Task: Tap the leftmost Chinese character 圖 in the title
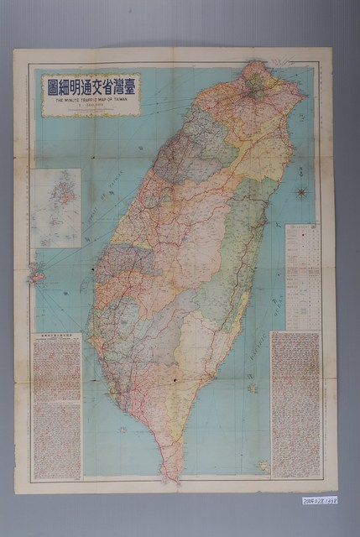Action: point(52,84)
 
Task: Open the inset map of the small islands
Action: point(60,207)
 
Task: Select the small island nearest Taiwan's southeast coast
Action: point(251,388)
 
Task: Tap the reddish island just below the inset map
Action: point(36,274)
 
